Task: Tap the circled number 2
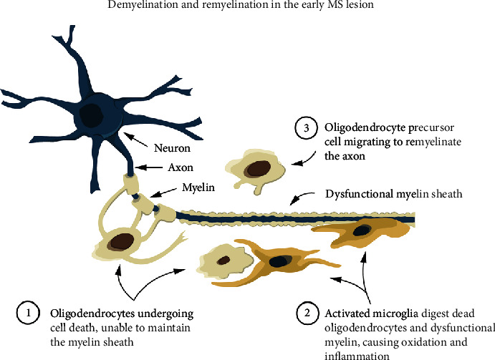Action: coord(306,313)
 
